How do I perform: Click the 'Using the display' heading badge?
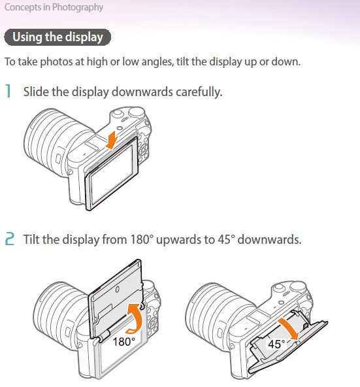57,37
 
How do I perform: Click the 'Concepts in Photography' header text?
54,7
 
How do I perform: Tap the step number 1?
8,91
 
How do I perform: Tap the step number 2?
10,239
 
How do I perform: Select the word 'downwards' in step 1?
142,92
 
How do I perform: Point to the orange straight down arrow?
112,140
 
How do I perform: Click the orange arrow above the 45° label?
289,329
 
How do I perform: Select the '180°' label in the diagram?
124,342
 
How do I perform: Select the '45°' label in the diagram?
276,344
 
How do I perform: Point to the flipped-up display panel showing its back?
116,298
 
